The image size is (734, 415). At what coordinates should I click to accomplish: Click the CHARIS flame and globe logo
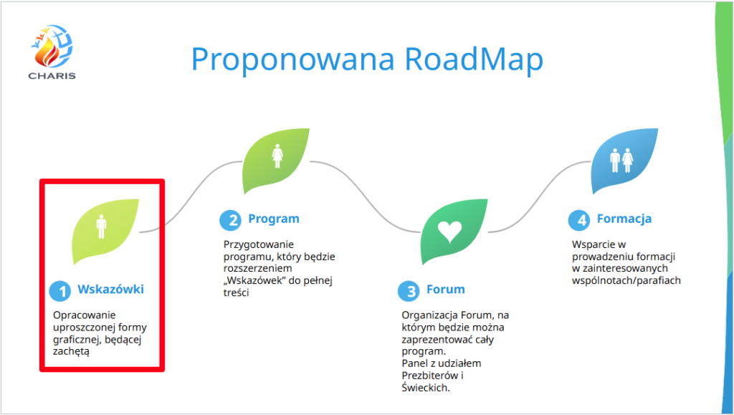tap(52, 52)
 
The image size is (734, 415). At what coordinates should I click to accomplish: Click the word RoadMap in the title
tap(474, 59)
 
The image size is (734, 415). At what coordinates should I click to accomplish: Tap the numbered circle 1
tap(60, 291)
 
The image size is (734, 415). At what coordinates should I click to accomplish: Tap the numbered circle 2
tap(230, 220)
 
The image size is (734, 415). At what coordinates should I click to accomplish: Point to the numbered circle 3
tap(409, 291)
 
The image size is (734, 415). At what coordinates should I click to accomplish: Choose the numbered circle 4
tap(579, 220)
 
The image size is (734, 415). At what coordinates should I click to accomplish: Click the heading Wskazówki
tap(110, 289)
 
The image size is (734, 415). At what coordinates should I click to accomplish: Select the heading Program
tap(274, 219)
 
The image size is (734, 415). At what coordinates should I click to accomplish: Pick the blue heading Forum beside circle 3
tap(446, 290)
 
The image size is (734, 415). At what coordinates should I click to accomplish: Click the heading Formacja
tap(624, 219)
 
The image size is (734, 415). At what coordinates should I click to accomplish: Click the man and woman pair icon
tap(621, 161)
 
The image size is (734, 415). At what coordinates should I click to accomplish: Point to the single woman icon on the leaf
tap(277, 156)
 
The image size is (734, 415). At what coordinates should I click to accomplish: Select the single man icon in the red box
tap(101, 226)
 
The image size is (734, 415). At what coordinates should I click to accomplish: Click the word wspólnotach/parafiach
tap(626, 281)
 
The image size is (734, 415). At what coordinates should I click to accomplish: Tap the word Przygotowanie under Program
tap(258, 245)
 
